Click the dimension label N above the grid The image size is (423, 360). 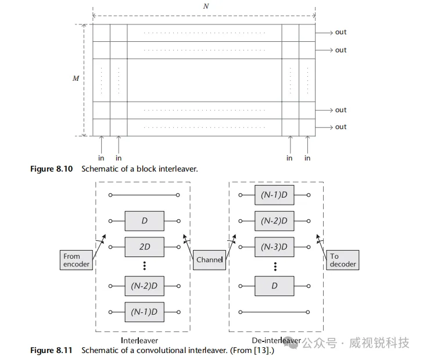pyautogui.click(x=206, y=6)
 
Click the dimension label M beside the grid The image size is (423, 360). pyautogui.click(x=76, y=78)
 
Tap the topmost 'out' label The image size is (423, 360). pyautogui.click(x=340, y=33)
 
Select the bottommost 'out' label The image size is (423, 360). pyautogui.click(x=340, y=127)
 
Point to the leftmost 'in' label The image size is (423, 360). pyautogui.click(x=102, y=158)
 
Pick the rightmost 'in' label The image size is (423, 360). pyautogui.click(x=307, y=158)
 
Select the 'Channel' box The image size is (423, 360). pyautogui.click(x=209, y=259)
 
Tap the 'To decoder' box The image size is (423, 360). pyautogui.click(x=342, y=259)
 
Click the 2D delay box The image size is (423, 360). pyautogui.click(x=145, y=247)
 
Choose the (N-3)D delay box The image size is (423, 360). pyautogui.click(x=275, y=247)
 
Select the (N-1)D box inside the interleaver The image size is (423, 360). pyautogui.click(x=145, y=311)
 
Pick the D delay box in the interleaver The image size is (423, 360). pyautogui.click(x=145, y=221)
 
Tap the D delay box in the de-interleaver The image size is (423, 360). pyautogui.click(x=275, y=286)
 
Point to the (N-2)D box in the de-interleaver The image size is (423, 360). pyautogui.click(x=275, y=221)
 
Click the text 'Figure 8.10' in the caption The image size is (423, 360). pyautogui.click(x=51, y=169)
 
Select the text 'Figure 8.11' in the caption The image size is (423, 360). pyautogui.click(x=51, y=350)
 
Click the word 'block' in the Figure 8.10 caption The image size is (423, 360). pyautogui.click(x=153, y=169)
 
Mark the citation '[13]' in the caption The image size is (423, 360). pyautogui.click(x=261, y=350)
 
